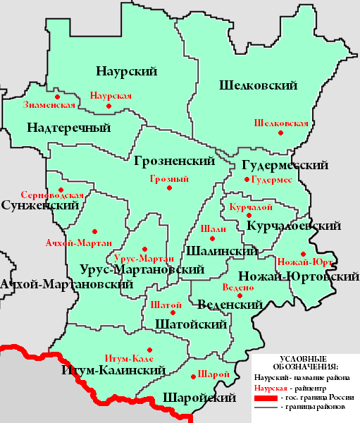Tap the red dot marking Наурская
tap(108, 106)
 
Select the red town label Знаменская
tap(49, 105)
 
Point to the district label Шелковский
tap(257, 85)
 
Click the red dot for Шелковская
tap(280, 133)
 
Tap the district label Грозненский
tap(174, 161)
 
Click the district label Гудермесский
tap(285, 166)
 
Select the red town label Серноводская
tap(53, 195)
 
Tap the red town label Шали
tap(213, 229)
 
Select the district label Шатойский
tap(190, 324)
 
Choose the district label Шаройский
tap(199, 398)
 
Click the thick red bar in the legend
tap(264, 398)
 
